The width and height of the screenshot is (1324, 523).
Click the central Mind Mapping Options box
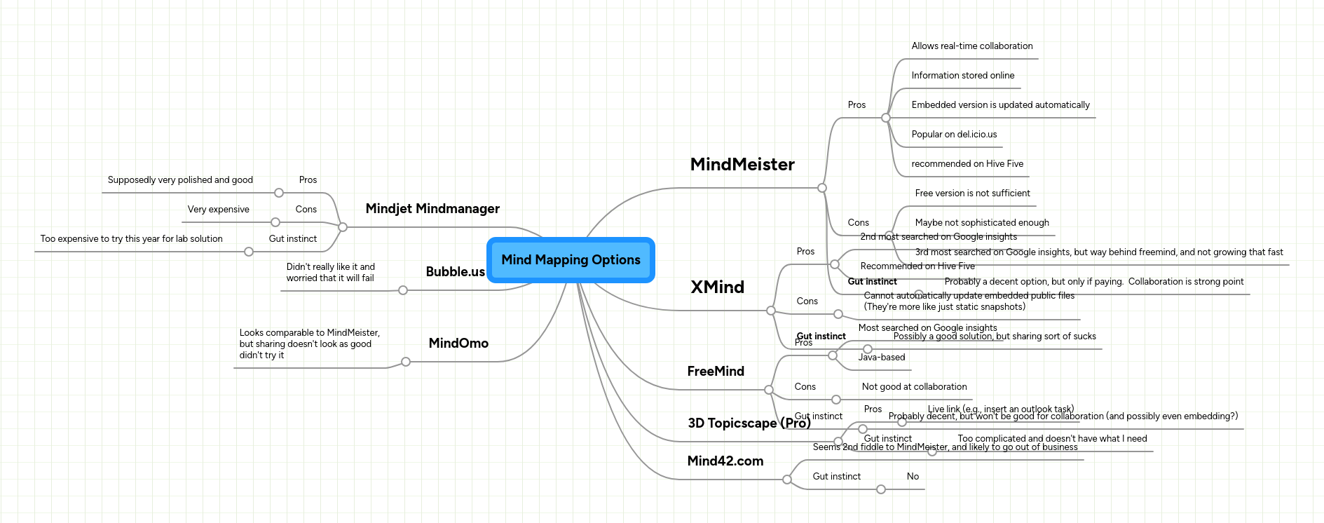coord(571,260)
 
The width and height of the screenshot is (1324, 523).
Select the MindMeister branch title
coord(742,165)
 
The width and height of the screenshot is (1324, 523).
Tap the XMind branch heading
coord(717,287)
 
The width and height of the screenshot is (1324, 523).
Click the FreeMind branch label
coord(716,372)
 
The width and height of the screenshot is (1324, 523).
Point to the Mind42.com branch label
coord(725,461)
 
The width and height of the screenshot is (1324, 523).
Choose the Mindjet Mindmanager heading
coord(432,209)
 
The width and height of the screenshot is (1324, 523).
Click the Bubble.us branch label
coord(455,272)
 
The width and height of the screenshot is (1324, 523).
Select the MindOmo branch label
coord(458,344)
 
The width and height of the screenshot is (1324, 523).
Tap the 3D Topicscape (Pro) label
coord(749,423)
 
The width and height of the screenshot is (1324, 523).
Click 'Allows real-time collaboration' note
coord(971,46)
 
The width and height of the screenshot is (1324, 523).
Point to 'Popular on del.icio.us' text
coord(953,135)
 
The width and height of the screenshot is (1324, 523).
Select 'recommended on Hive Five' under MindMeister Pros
coord(967,164)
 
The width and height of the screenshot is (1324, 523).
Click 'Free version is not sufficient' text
coord(972,193)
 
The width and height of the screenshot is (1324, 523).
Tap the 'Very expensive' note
coord(218,210)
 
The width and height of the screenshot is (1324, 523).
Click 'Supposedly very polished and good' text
coord(180,180)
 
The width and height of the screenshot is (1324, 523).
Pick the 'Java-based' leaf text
coord(881,358)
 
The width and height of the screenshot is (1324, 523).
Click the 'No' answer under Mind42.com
coord(913,477)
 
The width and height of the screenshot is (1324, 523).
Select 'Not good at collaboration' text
coord(914,387)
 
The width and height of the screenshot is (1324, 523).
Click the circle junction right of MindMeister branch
coord(822,188)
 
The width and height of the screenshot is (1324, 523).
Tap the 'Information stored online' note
coord(962,76)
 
